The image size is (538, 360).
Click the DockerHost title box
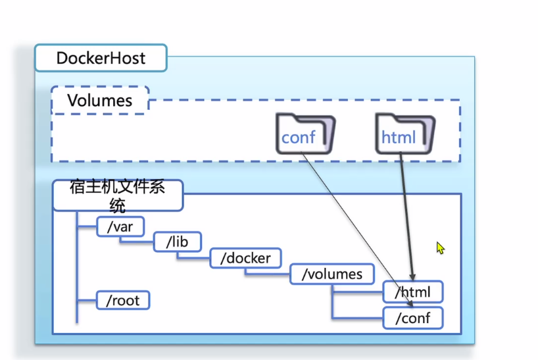(x=101, y=58)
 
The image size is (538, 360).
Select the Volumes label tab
(x=100, y=101)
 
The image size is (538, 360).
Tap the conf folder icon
(x=305, y=134)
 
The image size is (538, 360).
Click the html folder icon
(x=404, y=134)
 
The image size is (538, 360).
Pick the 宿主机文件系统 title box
(x=117, y=195)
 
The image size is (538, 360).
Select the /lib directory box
(x=178, y=242)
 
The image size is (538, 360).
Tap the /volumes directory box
(x=332, y=274)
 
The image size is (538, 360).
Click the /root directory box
(x=122, y=301)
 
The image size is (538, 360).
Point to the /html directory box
(x=413, y=292)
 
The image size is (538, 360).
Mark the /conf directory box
(x=413, y=319)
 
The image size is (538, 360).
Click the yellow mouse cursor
(x=440, y=248)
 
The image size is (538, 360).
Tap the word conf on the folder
(x=299, y=138)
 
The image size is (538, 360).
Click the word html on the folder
(x=399, y=138)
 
